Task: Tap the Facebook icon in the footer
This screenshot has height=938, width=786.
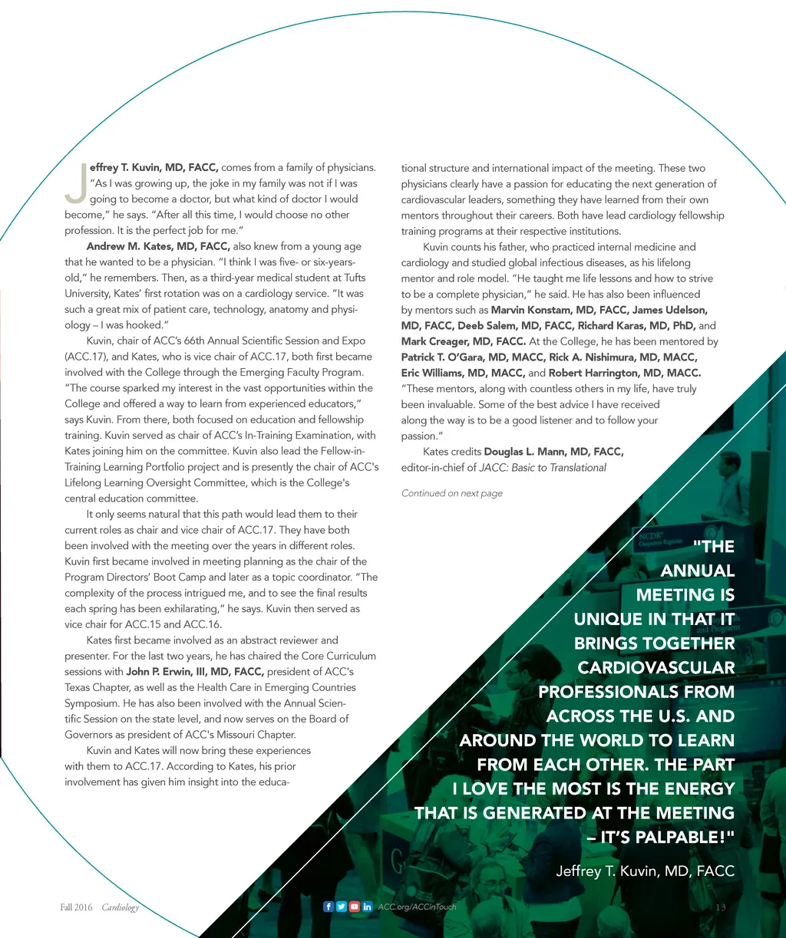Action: tap(329, 907)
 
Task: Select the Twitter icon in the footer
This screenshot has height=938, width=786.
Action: tap(341, 907)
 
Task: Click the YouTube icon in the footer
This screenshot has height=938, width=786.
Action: tap(354, 907)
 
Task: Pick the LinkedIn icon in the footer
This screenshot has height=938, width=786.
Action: tap(367, 907)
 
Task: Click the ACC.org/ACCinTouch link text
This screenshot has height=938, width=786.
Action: tap(417, 907)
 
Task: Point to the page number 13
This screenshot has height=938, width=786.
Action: tap(720, 907)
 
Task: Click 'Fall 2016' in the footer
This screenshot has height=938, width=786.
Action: tap(76, 907)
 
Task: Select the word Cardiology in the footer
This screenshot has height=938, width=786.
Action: tap(121, 907)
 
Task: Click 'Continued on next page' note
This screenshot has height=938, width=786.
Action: tap(452, 493)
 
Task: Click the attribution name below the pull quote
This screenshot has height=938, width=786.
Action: tap(645, 871)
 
